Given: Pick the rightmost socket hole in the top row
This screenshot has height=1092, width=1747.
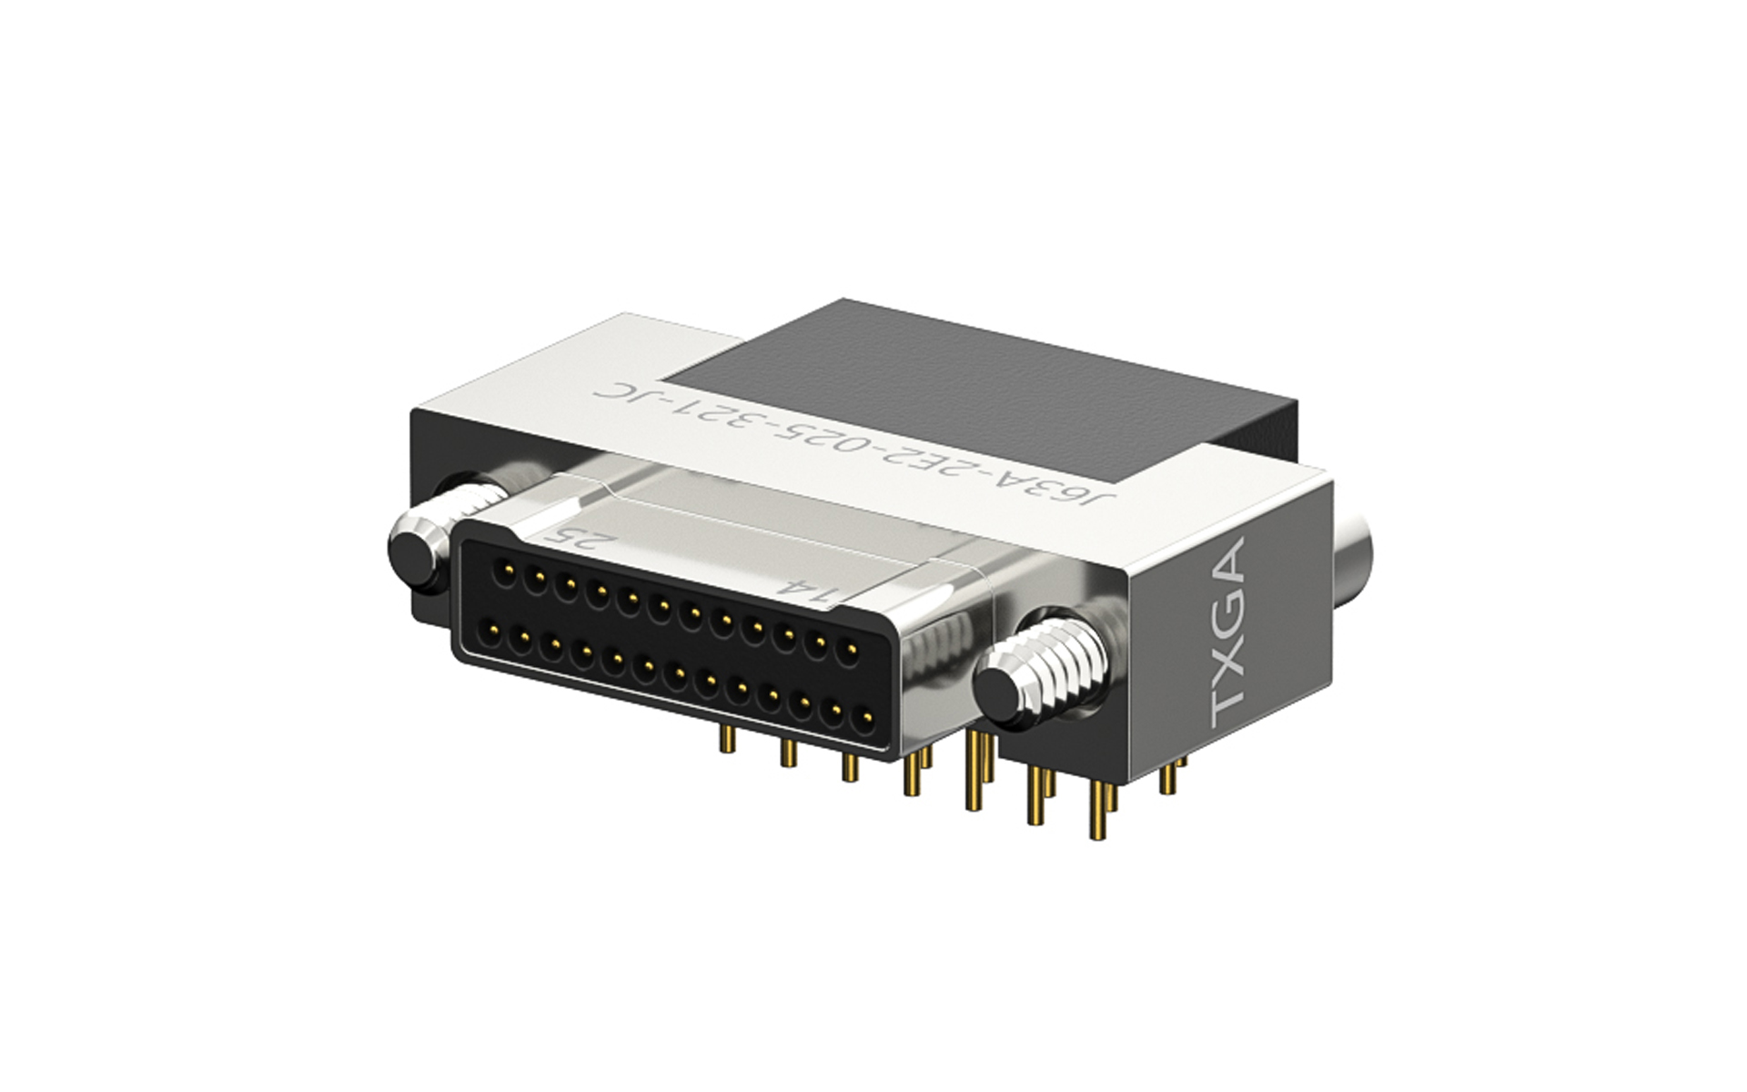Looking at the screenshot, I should tap(852, 650).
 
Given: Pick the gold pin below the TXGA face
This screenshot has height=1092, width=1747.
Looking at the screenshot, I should tap(1168, 778).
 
